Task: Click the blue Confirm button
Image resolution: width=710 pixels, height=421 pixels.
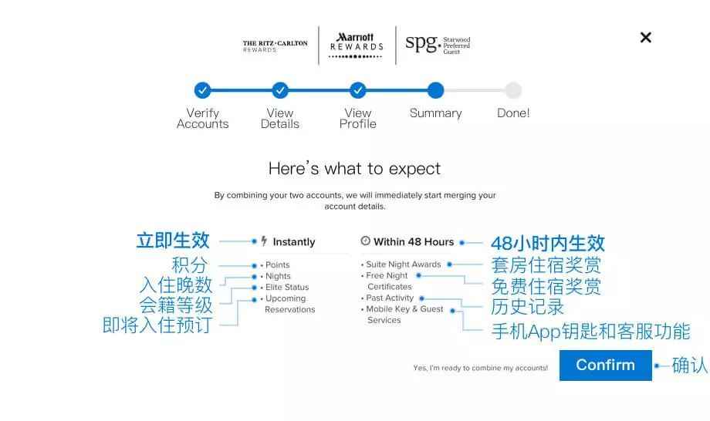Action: [x=605, y=365]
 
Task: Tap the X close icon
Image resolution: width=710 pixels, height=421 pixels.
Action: [x=646, y=38]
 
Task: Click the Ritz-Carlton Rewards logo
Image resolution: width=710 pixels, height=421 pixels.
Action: [x=275, y=46]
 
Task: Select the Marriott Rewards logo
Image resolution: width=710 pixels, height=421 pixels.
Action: [x=357, y=45]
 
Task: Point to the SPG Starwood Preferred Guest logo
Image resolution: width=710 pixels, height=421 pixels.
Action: [x=438, y=44]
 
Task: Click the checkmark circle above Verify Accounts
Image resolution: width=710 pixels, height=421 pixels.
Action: [x=202, y=90]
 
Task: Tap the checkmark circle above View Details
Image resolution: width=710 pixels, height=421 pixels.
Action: [x=280, y=90]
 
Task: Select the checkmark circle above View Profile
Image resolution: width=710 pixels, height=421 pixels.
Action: [x=358, y=90]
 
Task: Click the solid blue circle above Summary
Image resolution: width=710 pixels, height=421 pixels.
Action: [x=435, y=90]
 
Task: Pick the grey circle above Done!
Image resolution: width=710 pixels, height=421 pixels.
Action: [x=513, y=90]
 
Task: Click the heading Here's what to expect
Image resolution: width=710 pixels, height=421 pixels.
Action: [x=354, y=169]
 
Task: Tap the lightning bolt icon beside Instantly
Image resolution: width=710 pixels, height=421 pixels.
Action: [x=264, y=241]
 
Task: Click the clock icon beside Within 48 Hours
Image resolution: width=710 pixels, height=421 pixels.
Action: [x=365, y=241]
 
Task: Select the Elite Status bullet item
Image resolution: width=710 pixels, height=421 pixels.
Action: [x=285, y=287]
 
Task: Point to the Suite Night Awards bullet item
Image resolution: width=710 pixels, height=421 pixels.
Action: [x=401, y=264]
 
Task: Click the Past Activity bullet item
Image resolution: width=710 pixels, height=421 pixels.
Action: [x=387, y=298]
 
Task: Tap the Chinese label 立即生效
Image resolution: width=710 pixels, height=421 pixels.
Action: [x=173, y=240]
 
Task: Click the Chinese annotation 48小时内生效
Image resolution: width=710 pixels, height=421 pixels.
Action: [x=548, y=244]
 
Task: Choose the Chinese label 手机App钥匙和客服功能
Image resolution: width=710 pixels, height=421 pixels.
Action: [x=591, y=332]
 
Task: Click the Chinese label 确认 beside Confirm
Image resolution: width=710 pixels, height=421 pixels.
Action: [x=690, y=365]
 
